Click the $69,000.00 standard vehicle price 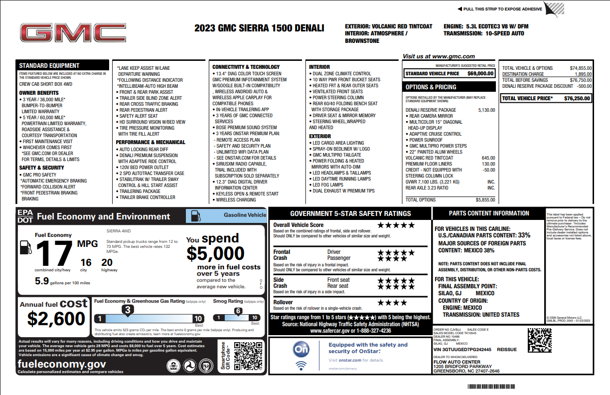tap(480, 73)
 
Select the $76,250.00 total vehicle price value tap(577, 98)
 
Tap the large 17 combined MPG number tap(53, 254)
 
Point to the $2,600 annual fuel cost tap(56, 318)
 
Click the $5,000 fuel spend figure tap(216, 254)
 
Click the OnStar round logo tap(301, 350)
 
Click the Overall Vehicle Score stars tap(396, 225)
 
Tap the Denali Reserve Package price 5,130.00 tap(486, 110)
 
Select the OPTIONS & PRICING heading tap(431, 87)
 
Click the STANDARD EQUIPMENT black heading tap(49, 65)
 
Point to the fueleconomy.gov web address tap(61, 364)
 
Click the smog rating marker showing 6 tap(238, 312)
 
